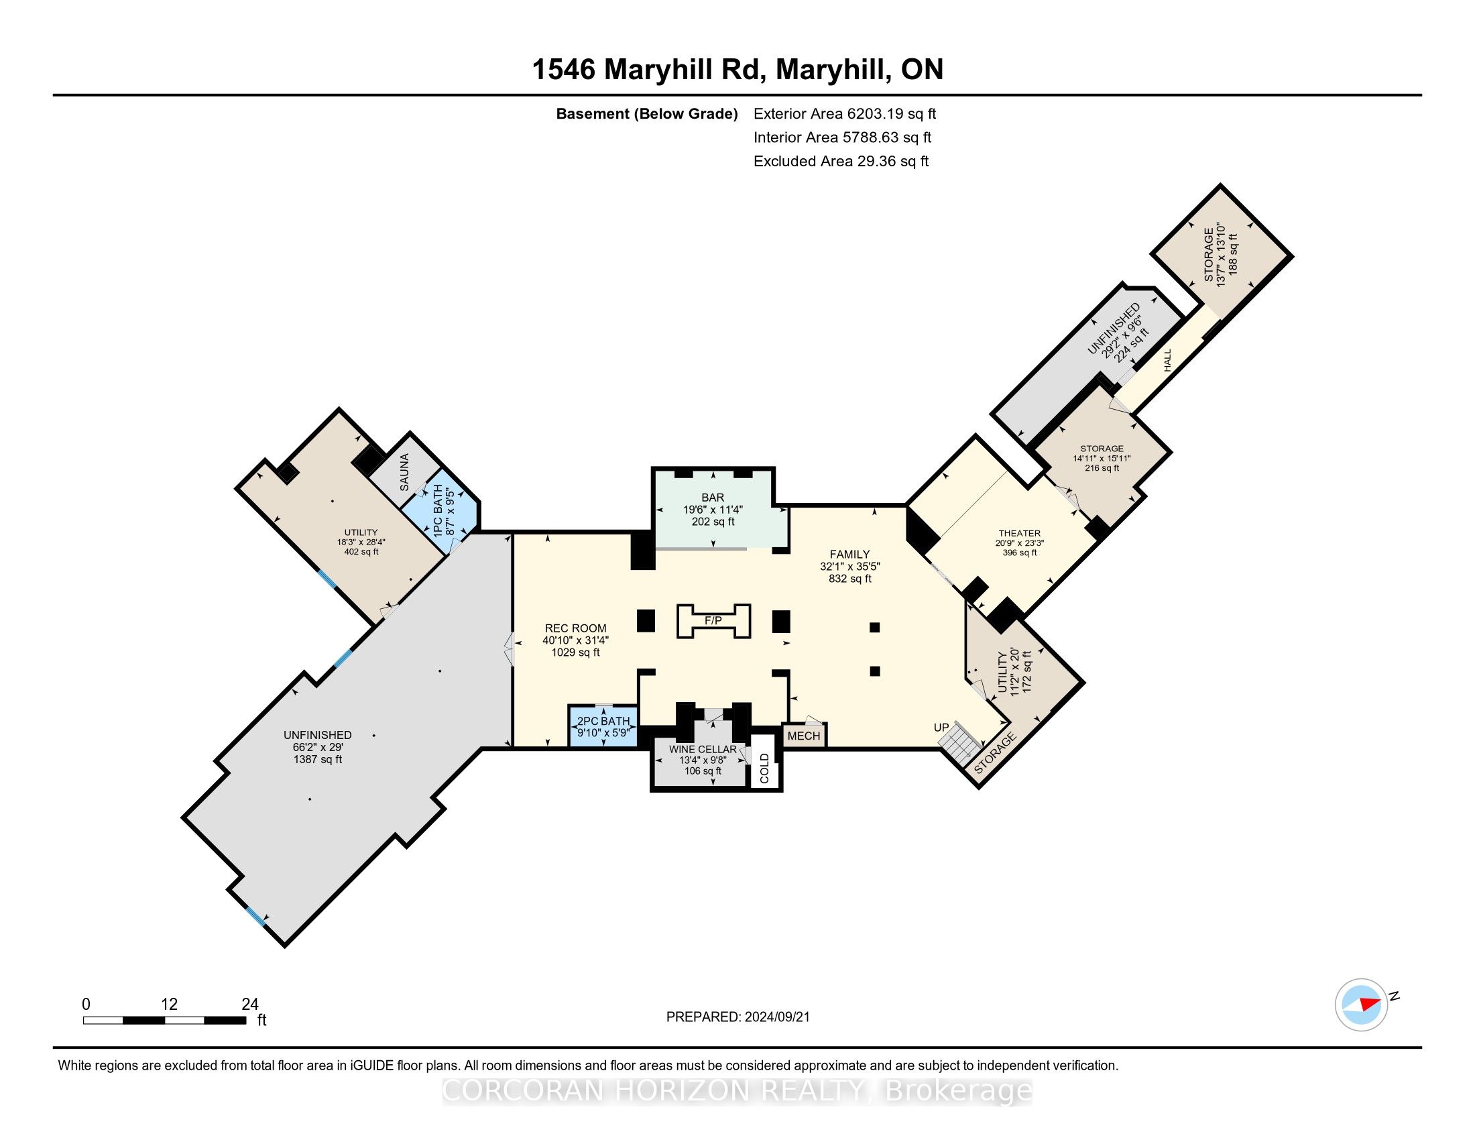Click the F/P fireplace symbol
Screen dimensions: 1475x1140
pos(713,621)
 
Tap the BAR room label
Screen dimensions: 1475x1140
pos(713,498)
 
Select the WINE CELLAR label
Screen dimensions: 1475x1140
pos(703,749)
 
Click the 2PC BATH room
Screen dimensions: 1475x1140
pos(603,727)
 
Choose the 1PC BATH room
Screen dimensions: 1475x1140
pos(442,510)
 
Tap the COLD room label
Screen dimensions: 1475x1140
pos(764,768)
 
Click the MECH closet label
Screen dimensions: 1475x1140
pos(804,736)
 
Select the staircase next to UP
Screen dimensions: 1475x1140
pos(959,742)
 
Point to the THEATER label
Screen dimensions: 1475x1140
pos(1020,533)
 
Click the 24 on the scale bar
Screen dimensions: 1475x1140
pos(250,1004)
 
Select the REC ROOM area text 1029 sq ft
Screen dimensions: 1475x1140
pos(575,652)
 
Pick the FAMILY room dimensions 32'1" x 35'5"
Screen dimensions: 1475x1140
pos(849,567)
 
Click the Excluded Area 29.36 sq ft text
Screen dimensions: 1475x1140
pos(841,162)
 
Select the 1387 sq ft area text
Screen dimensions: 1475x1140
pos(317,759)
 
